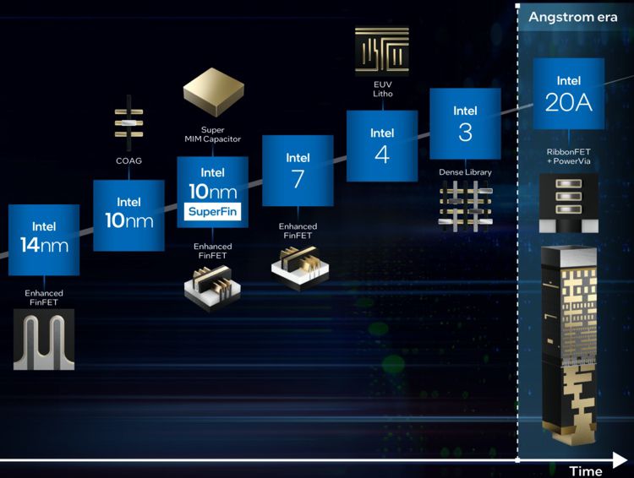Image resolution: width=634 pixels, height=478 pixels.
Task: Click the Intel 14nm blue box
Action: click(44, 240)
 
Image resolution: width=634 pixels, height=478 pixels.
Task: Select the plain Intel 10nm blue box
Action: click(128, 215)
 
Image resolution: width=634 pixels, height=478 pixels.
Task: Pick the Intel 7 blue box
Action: click(298, 170)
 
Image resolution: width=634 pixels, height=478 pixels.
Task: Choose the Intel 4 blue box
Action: click(382, 145)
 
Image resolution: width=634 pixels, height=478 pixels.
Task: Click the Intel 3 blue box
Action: click(465, 123)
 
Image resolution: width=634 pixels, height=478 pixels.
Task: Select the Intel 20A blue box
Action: click(568, 94)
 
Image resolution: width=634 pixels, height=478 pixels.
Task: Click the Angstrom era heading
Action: click(572, 17)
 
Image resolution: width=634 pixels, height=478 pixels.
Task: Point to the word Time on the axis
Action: click(585, 470)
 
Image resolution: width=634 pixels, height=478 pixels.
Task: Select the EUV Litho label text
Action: click(382, 88)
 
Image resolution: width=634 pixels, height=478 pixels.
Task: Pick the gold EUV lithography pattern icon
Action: click(382, 51)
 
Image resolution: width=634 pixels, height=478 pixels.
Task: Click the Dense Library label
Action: click(465, 172)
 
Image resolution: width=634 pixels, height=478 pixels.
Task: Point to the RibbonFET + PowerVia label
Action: click(568, 157)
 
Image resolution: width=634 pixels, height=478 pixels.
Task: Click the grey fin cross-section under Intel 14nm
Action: click(44, 339)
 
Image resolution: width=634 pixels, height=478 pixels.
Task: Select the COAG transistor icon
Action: click(128, 121)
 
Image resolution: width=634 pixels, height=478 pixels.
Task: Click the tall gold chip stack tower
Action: click(568, 346)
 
